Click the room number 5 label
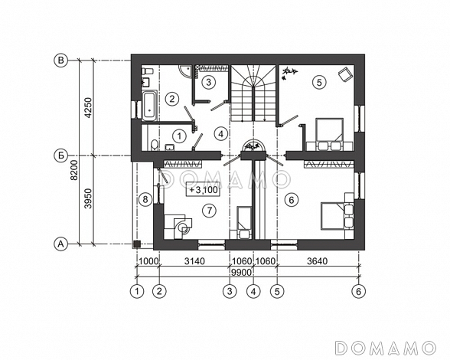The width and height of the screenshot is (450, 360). coord(319,83)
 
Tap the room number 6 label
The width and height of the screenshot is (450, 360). coord(292,200)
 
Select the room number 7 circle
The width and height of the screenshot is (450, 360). coord(209,211)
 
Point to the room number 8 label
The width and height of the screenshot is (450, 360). coord(145,199)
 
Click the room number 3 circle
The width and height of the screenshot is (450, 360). coord(208,82)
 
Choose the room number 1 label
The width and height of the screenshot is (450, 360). coord(179,136)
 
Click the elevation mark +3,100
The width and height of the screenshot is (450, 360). coord(204,189)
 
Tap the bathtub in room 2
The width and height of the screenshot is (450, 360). coord(149,106)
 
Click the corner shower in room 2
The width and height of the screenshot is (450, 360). coord(186,70)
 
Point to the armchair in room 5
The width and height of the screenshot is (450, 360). coord(344,74)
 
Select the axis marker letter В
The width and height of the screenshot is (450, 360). coord(61,61)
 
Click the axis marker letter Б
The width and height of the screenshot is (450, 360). coord(61,155)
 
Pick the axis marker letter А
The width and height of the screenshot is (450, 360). coord(61,244)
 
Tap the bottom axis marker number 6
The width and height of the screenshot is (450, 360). coord(359,291)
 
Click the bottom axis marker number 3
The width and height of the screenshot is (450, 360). coord(230,291)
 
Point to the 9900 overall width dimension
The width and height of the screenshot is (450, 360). coord(241,272)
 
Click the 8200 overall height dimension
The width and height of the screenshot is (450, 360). coord(74,170)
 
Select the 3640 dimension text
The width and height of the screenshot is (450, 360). coord(317,261)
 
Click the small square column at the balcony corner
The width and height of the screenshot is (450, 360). coord(137,244)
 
